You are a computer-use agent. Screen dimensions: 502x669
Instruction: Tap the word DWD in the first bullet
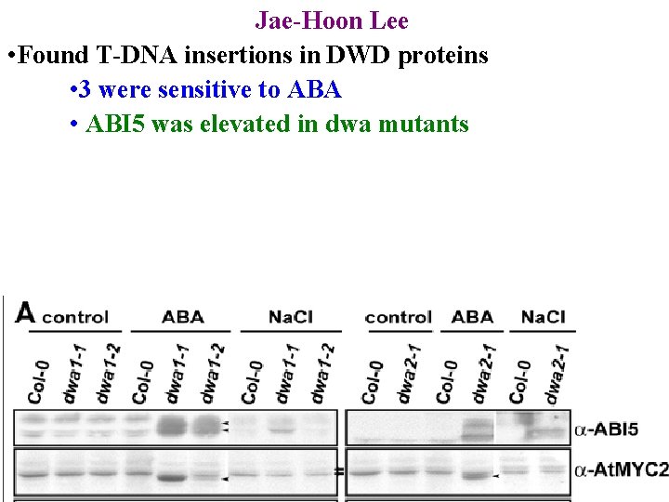tap(362, 56)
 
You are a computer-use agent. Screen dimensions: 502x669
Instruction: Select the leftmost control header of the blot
tap(75, 317)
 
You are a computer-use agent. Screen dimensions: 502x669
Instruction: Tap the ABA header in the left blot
tap(182, 317)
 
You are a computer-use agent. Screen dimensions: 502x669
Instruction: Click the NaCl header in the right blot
tap(543, 317)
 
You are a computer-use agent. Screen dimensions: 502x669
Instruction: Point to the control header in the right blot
tap(398, 317)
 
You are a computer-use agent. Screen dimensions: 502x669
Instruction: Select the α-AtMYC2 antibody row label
tap(621, 470)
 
